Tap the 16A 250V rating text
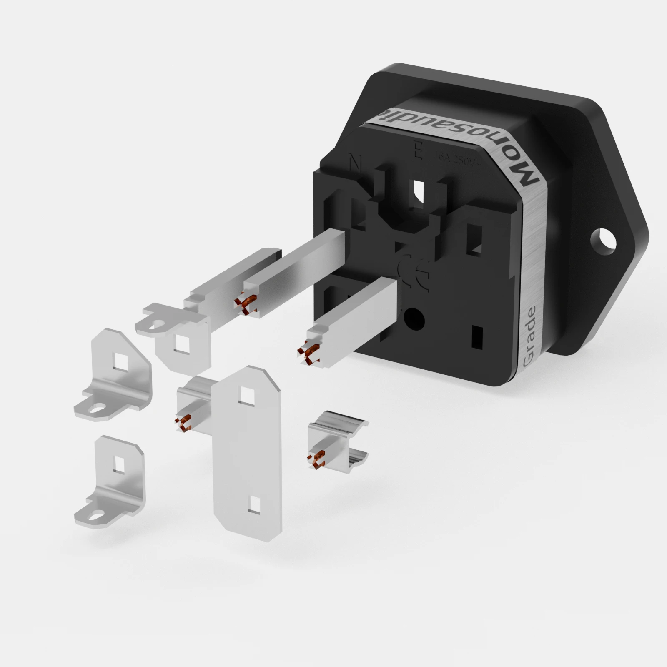point(457,158)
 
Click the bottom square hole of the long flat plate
point(253,504)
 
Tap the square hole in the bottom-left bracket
point(120,464)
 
